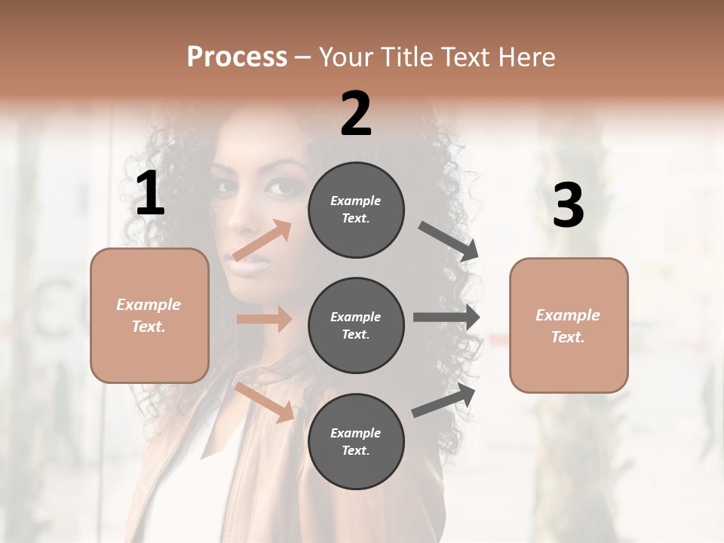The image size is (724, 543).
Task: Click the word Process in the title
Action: [237, 57]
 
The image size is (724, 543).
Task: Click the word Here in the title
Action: [524, 57]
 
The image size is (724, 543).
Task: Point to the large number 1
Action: [150, 195]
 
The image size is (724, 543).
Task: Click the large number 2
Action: [356, 114]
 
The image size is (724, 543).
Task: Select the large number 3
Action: [568, 205]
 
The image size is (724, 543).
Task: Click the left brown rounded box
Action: [149, 315]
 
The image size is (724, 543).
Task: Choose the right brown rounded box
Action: [569, 325]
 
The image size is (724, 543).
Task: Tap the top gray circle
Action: [356, 210]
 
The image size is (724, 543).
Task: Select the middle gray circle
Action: [356, 325]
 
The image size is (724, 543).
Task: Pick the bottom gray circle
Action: [356, 441]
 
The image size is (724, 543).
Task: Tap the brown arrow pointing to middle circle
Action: [264, 319]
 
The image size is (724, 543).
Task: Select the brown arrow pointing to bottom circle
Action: [265, 402]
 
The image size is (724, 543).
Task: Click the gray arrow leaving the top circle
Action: [449, 241]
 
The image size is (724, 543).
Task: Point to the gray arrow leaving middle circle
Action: [446, 318]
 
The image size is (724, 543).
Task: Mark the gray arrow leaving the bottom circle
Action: [444, 400]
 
